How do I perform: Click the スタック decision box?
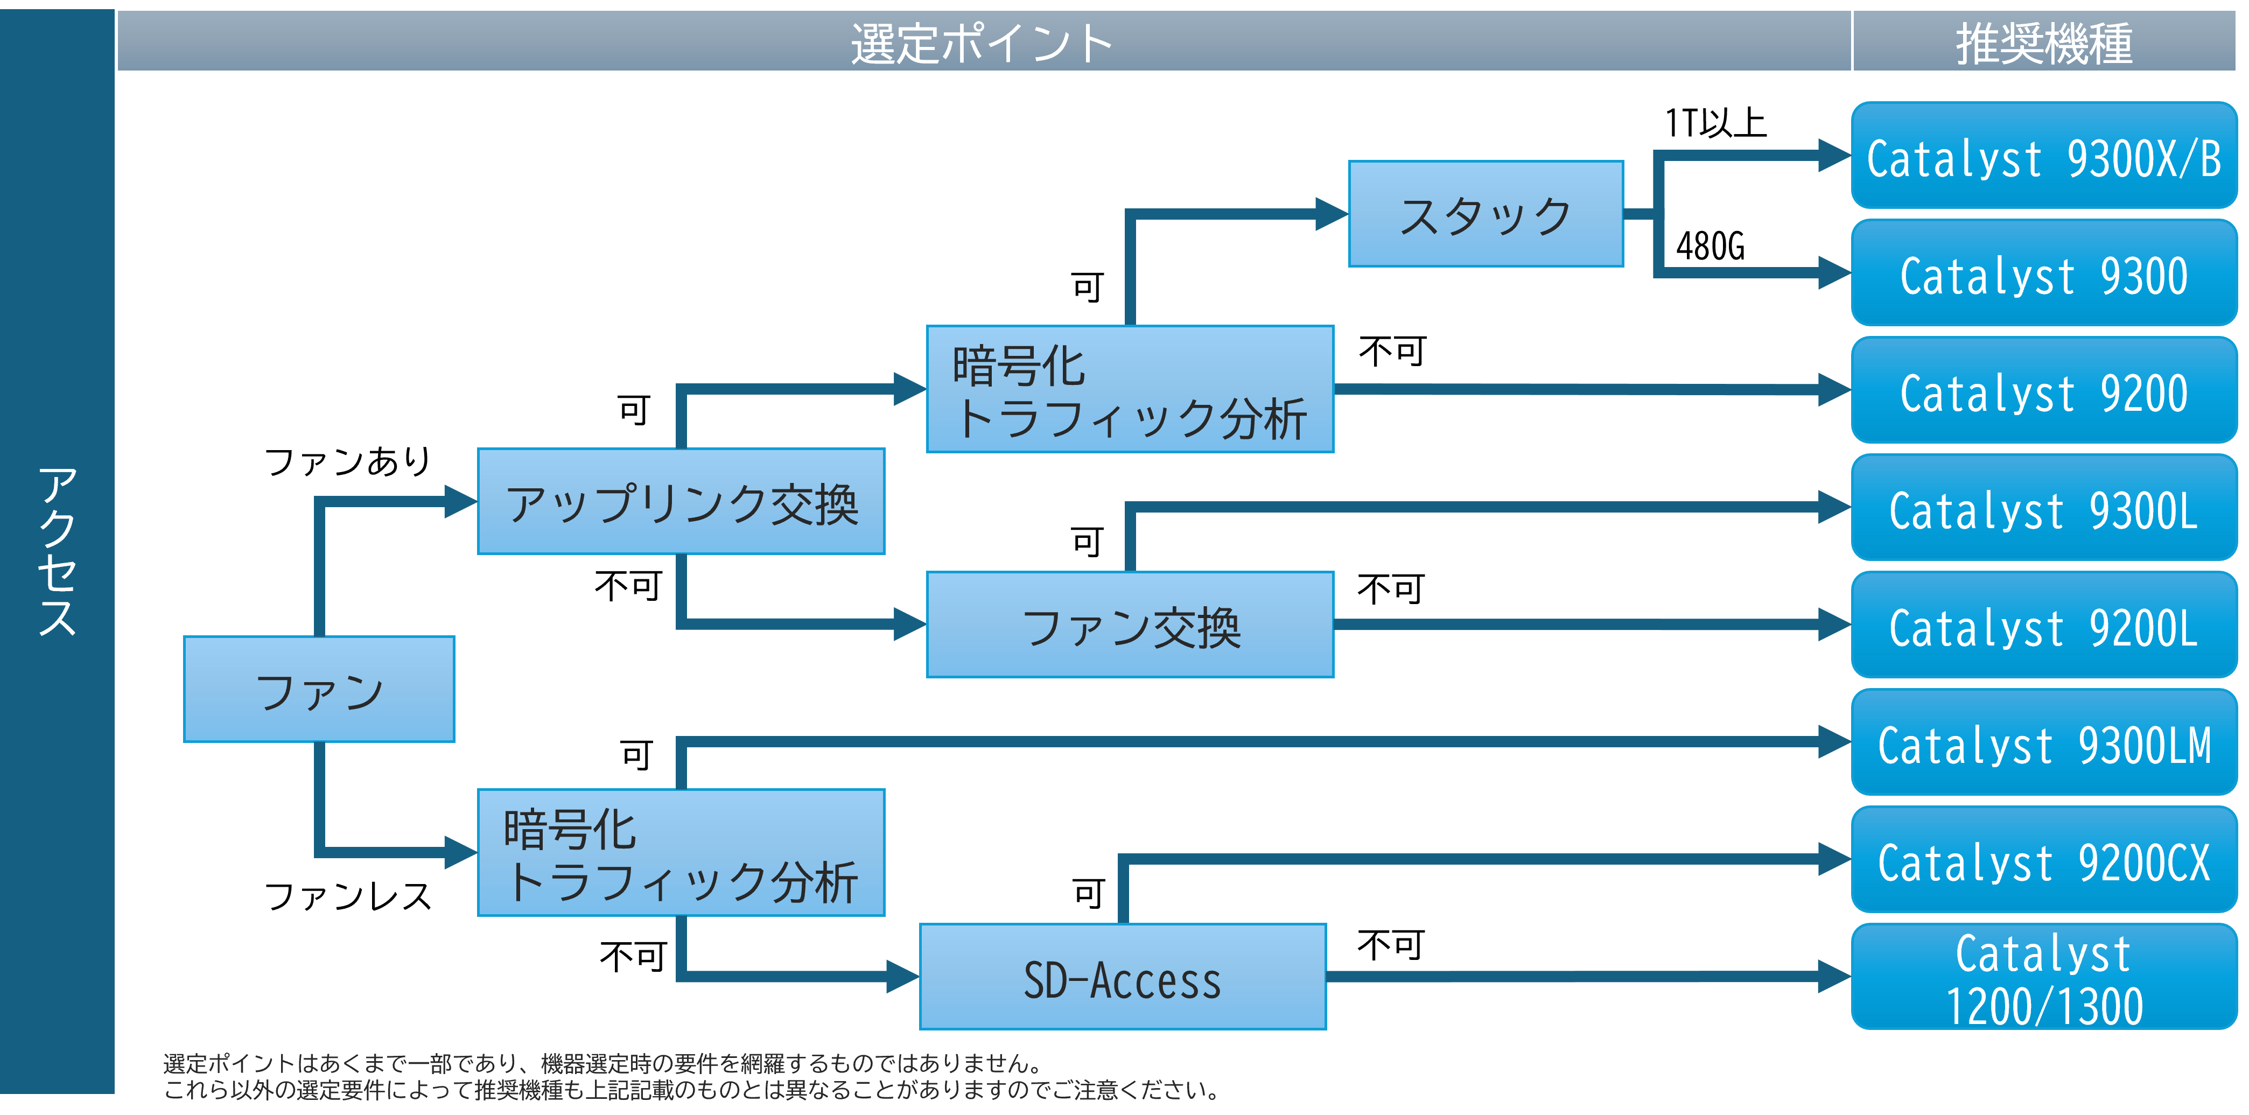point(1486,214)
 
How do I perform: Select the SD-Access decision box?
point(1123,977)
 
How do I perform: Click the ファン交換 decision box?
point(1131,625)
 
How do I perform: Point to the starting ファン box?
point(319,690)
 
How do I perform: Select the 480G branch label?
point(1711,246)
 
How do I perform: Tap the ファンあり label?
point(347,461)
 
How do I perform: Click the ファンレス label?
point(347,896)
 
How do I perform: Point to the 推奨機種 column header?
point(2044,44)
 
